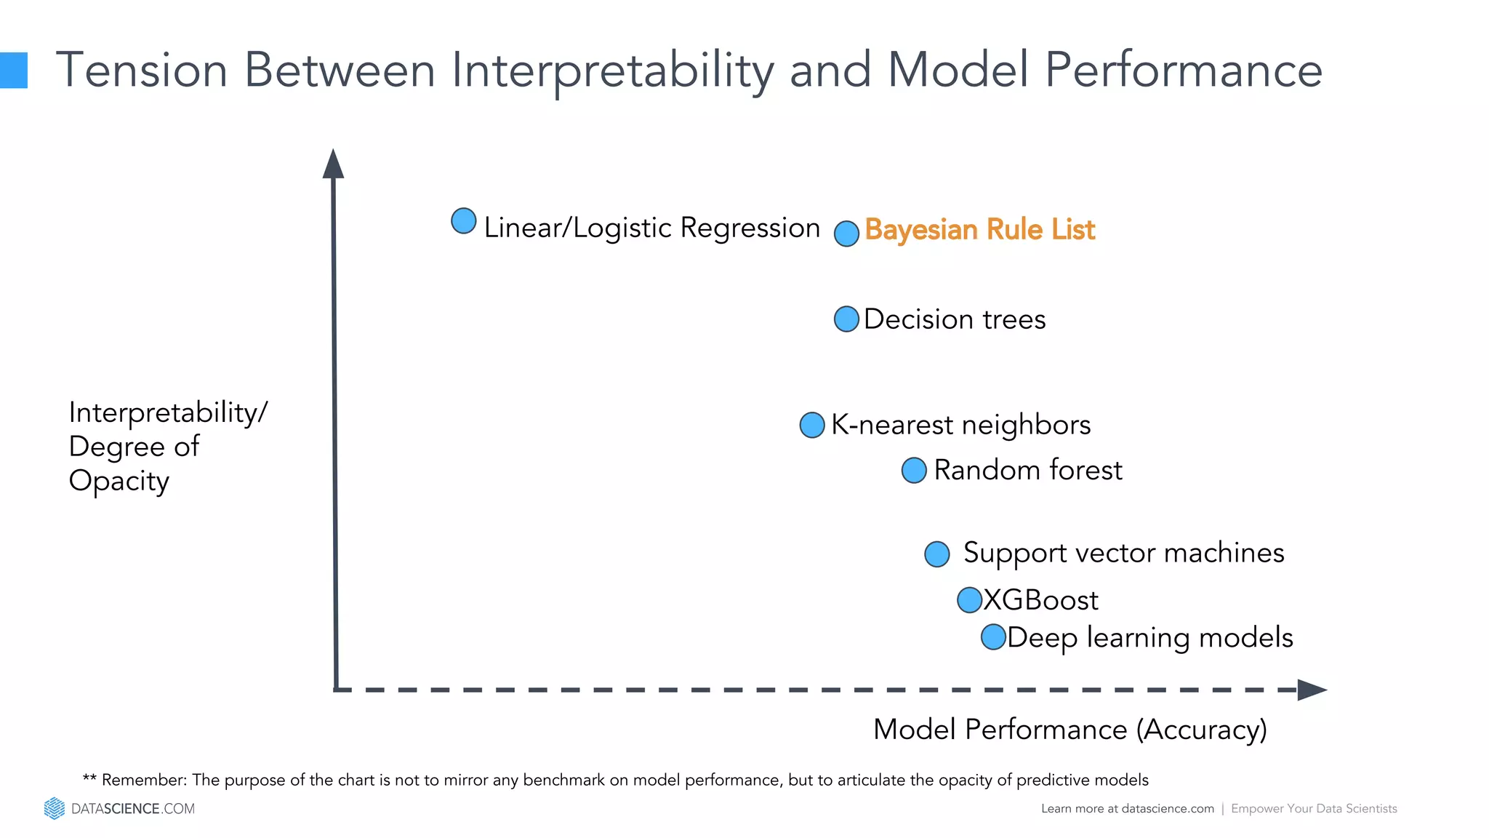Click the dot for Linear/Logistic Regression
tap(464, 221)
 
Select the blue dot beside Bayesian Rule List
tap(846, 234)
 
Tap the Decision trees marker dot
tap(846, 319)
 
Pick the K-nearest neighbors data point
tap(812, 425)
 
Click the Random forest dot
tap(914, 470)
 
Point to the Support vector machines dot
tap(937, 554)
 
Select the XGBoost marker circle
tap(969, 600)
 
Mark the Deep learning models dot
tap(993, 637)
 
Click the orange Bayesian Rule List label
tap(979, 230)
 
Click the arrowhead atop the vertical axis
tap(333, 164)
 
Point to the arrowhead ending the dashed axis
tap(1312, 690)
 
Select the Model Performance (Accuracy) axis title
tap(1069, 730)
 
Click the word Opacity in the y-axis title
tap(119, 482)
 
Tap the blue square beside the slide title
tap(13, 71)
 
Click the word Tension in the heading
tap(142, 71)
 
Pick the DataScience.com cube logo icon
tap(55, 808)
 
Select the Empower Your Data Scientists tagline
tap(1314, 808)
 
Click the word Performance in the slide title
tap(1183, 71)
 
